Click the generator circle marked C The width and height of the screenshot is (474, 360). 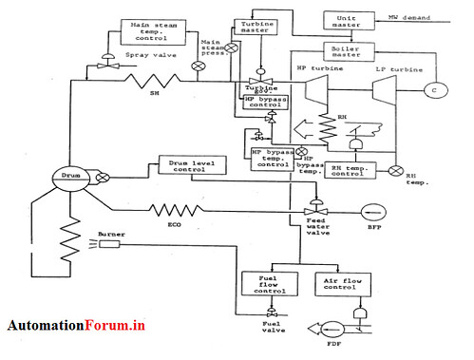click(437, 90)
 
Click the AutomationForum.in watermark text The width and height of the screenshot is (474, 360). click(76, 325)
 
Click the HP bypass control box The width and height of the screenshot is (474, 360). click(263, 102)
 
